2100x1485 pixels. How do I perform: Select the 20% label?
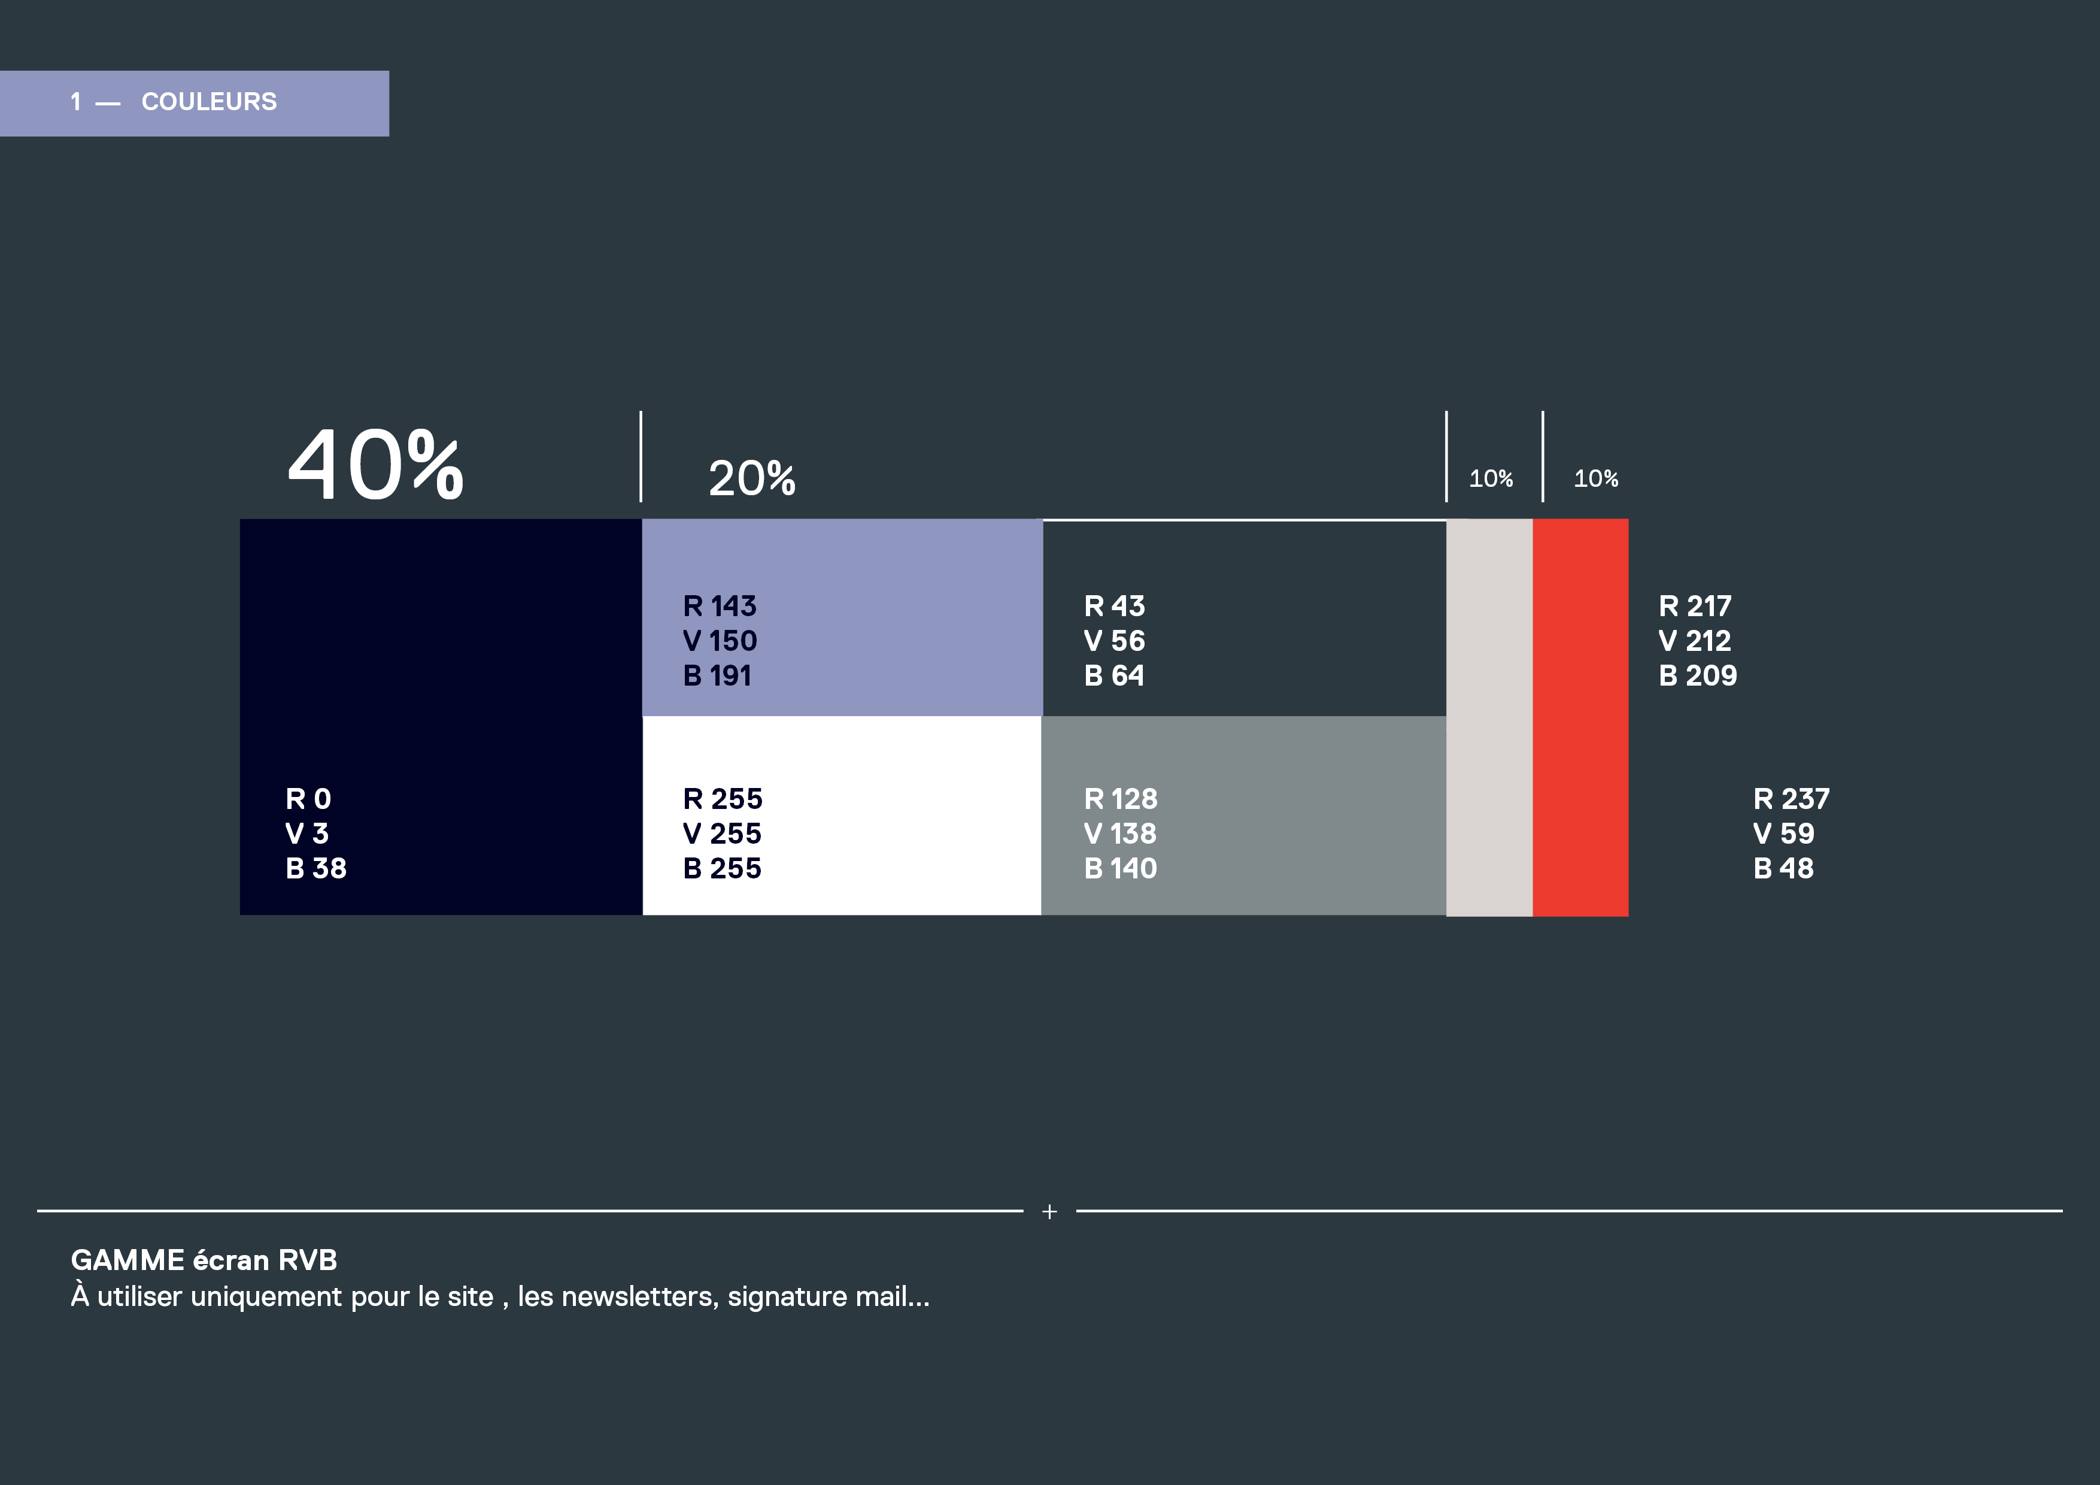(752, 478)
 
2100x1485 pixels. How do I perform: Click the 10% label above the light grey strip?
(1491, 478)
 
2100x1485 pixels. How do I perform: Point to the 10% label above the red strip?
(1596, 478)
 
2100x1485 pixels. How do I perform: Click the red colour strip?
(1580, 717)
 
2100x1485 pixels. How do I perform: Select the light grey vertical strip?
(1489, 717)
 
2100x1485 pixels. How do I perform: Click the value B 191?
(717, 675)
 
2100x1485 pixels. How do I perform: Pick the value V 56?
(1114, 641)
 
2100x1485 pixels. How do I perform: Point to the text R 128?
(1121, 799)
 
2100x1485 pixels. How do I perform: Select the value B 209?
(1698, 675)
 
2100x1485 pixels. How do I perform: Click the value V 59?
(1783, 834)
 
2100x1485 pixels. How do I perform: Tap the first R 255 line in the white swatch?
(723, 799)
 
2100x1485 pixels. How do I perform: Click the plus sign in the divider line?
(1049, 1211)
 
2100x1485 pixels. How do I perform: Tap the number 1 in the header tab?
(76, 102)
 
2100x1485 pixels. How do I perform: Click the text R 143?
(720, 606)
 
